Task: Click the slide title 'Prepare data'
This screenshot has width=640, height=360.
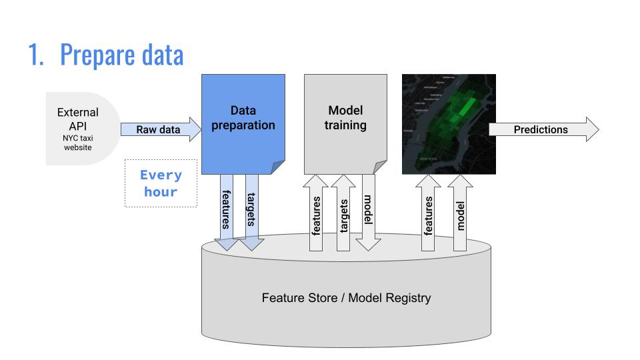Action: [121, 55]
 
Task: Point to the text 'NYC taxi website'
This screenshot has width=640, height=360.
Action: [78, 142]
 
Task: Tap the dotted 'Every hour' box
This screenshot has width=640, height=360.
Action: [161, 183]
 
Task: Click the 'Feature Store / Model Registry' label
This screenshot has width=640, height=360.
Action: [346, 298]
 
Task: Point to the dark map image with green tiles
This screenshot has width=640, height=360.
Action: [449, 124]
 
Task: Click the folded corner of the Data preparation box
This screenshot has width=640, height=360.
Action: [279, 167]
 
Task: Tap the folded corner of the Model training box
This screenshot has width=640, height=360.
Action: [380, 167]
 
